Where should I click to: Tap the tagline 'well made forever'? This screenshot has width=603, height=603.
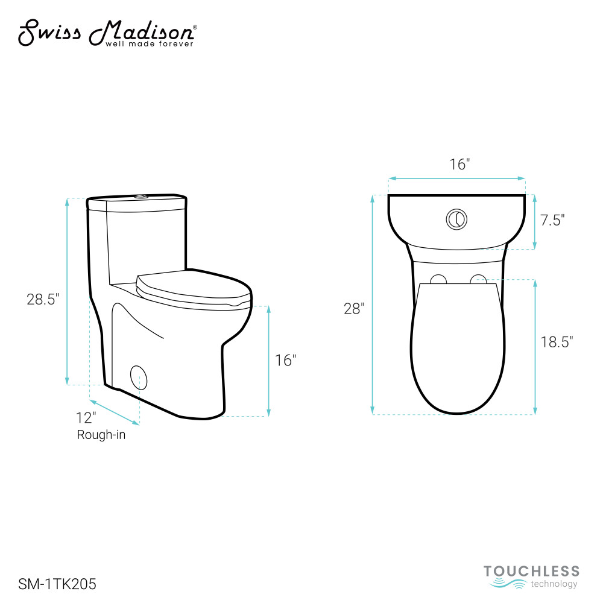pos(150,44)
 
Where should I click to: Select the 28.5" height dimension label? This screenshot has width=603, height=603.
pos(43,299)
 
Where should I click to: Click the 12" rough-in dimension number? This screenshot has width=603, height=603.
pos(86,418)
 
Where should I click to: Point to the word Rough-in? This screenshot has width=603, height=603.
pos(101,435)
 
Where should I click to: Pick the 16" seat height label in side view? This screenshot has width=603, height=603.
pos(285,361)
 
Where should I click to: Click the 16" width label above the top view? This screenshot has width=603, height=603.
pos(460,164)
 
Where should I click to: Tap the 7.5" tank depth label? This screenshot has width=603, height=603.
pos(552,220)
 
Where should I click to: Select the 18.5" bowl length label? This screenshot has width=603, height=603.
pos(557,341)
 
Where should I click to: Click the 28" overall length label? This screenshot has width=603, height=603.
pos(354,308)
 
